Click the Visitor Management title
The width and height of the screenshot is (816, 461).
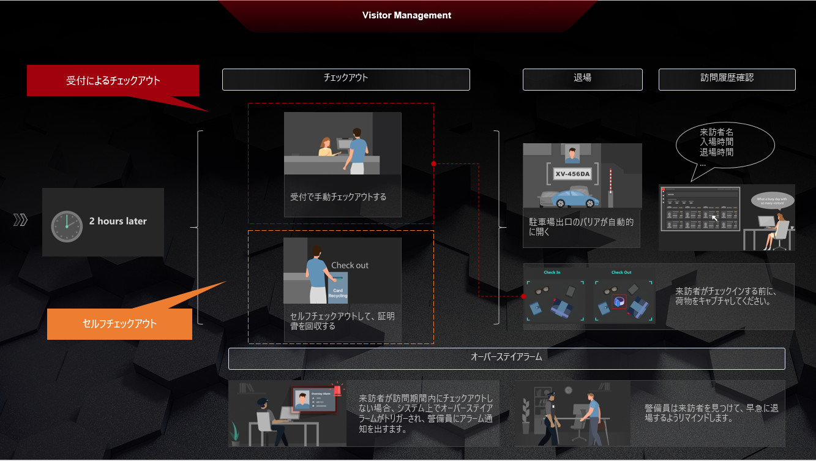(x=406, y=15)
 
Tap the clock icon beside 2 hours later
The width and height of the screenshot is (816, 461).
(x=67, y=227)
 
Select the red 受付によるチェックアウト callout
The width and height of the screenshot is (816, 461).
(x=113, y=81)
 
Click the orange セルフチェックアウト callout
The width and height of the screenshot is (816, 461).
(x=119, y=323)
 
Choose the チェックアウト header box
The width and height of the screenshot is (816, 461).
(x=346, y=79)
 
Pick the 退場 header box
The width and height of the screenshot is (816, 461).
(x=582, y=79)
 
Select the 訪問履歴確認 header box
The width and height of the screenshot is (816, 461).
(x=727, y=79)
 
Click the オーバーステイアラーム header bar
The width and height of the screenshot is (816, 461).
(x=506, y=358)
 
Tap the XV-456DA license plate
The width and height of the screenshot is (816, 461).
(x=572, y=174)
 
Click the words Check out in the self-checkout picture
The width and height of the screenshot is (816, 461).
(x=350, y=266)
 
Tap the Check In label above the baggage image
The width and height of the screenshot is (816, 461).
(x=552, y=272)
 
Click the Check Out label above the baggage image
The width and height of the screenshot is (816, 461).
(x=621, y=272)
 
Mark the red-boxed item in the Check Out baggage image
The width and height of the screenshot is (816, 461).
(x=618, y=302)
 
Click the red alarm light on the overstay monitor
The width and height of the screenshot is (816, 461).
(x=336, y=390)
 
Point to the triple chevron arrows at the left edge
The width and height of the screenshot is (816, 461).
(x=21, y=220)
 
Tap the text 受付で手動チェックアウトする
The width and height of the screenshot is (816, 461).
(x=339, y=197)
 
